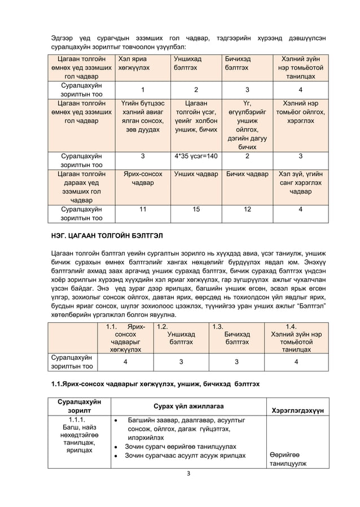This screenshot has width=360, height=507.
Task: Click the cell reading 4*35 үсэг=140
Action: click(195, 156)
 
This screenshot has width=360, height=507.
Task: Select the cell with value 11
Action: click(142, 209)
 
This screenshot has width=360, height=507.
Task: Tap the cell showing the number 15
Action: click(195, 209)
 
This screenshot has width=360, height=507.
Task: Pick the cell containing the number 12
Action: click(247, 209)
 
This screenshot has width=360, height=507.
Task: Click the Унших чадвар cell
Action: click(195, 174)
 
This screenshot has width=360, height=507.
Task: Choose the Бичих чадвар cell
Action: click(247, 174)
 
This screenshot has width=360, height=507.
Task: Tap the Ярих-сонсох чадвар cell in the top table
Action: click(142, 179)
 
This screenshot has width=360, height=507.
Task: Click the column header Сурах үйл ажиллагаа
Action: click(188, 406)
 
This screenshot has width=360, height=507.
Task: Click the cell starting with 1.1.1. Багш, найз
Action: click(77, 435)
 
